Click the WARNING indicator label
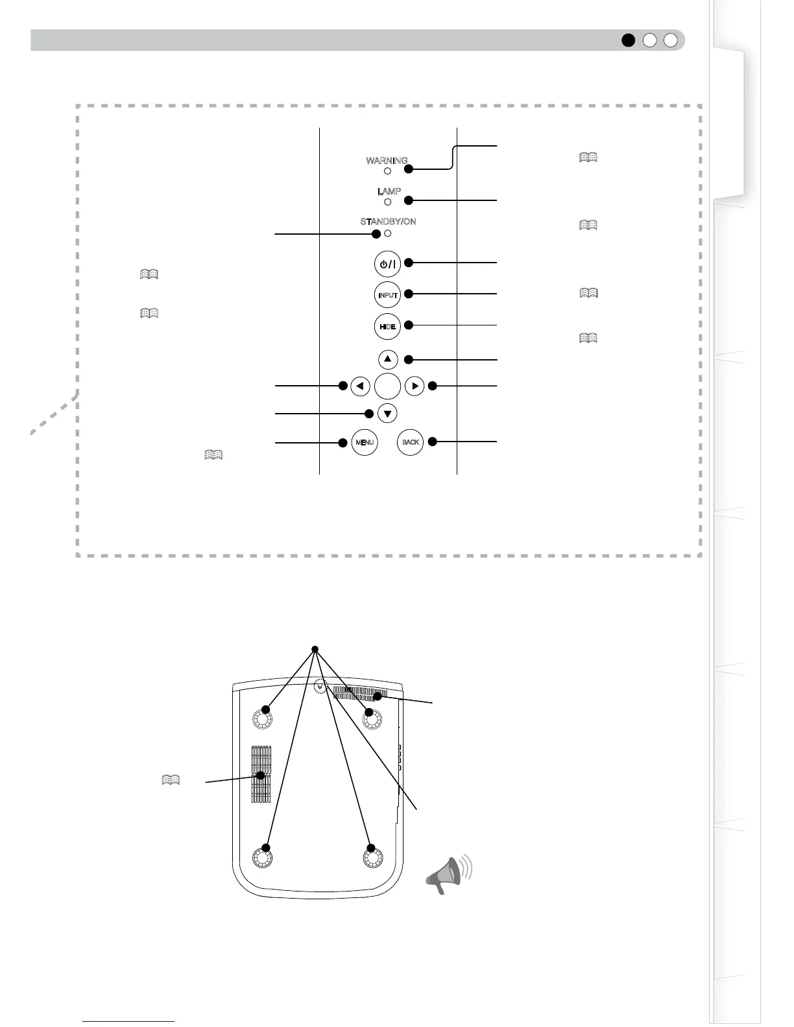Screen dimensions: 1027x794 (x=387, y=160)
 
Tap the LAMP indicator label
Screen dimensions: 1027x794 (x=389, y=191)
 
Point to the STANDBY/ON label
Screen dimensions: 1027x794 (x=388, y=222)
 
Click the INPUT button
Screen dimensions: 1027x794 (x=387, y=295)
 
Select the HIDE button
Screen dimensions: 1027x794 (x=387, y=326)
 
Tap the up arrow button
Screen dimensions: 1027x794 (x=387, y=359)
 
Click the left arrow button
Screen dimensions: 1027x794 (x=360, y=386)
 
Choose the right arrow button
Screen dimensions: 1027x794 (x=415, y=386)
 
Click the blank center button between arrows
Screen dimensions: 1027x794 (x=387, y=386)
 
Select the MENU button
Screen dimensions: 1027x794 (x=364, y=442)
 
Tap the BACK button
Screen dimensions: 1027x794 (x=410, y=442)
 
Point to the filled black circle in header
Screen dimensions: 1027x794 (x=628, y=40)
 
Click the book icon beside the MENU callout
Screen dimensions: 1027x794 (x=213, y=454)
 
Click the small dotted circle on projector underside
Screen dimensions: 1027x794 (x=319, y=687)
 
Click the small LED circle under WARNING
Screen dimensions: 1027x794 (x=387, y=171)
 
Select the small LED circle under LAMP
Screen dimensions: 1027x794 (x=387, y=202)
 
